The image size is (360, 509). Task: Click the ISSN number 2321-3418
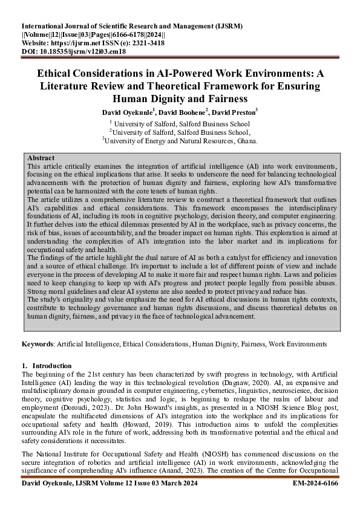(145, 44)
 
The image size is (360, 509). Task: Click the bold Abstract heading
(41, 157)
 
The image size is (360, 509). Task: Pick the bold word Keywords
(38, 344)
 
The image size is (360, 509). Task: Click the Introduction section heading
(52, 366)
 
